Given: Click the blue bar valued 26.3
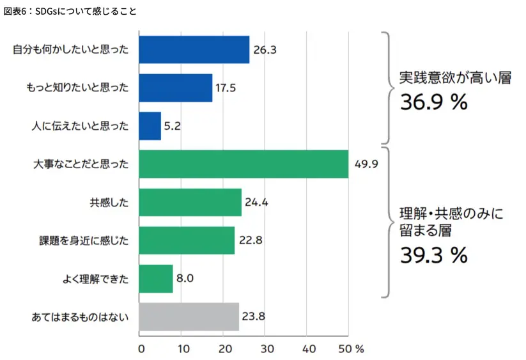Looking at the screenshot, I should click(194, 50).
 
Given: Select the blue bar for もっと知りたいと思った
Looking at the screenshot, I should click(175, 88).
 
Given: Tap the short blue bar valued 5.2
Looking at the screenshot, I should click(150, 126).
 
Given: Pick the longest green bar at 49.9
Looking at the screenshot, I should click(243, 164).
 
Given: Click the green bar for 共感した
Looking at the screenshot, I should click(190, 203).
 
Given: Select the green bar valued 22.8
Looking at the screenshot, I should click(186, 240).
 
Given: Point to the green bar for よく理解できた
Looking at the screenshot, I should click(155, 279).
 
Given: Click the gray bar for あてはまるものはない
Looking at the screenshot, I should click(189, 317).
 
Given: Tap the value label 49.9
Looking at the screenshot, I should click(367, 164).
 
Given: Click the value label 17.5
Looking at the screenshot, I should click(226, 88).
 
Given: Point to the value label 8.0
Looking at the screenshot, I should click(185, 279).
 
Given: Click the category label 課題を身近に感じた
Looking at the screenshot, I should click(84, 241).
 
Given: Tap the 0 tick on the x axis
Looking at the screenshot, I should click(141, 349).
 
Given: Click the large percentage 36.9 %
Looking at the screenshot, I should click(435, 102).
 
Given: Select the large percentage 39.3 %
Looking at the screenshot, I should click(435, 255).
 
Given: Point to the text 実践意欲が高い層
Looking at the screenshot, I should click(455, 79).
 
